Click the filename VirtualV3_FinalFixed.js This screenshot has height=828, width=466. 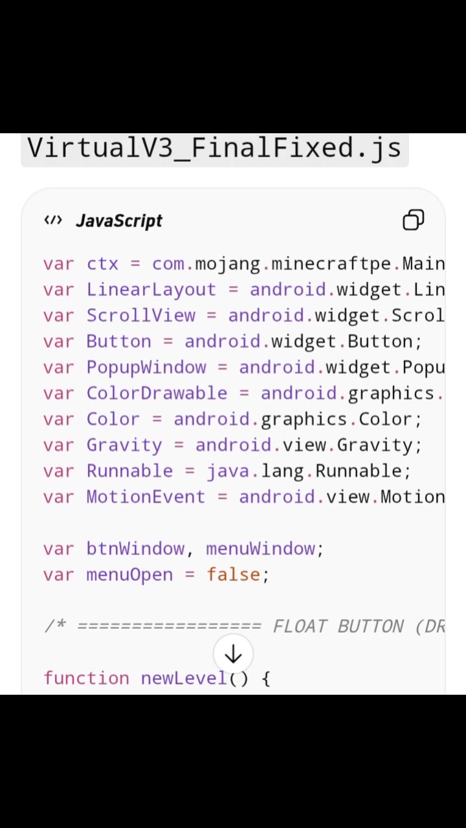point(214,149)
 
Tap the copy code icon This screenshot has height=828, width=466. point(413,220)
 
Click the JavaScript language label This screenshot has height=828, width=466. point(118,221)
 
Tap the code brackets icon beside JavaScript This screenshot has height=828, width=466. point(53,221)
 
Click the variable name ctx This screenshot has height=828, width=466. point(102,265)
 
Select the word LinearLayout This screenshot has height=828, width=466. point(151,290)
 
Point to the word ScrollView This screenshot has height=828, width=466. point(140,315)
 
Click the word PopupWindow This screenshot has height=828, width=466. point(146,368)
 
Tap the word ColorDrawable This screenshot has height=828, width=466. point(157,393)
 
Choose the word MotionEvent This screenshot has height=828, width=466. point(146,497)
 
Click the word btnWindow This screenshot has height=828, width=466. point(135,549)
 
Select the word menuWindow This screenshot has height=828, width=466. point(260,549)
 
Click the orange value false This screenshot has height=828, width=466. point(234,574)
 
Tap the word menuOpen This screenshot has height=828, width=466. point(129,575)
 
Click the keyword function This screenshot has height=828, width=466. point(87,678)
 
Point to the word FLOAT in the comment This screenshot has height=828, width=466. point(300,627)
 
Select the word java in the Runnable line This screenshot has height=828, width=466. point(228,472)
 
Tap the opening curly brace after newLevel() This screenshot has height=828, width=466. point(266,679)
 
